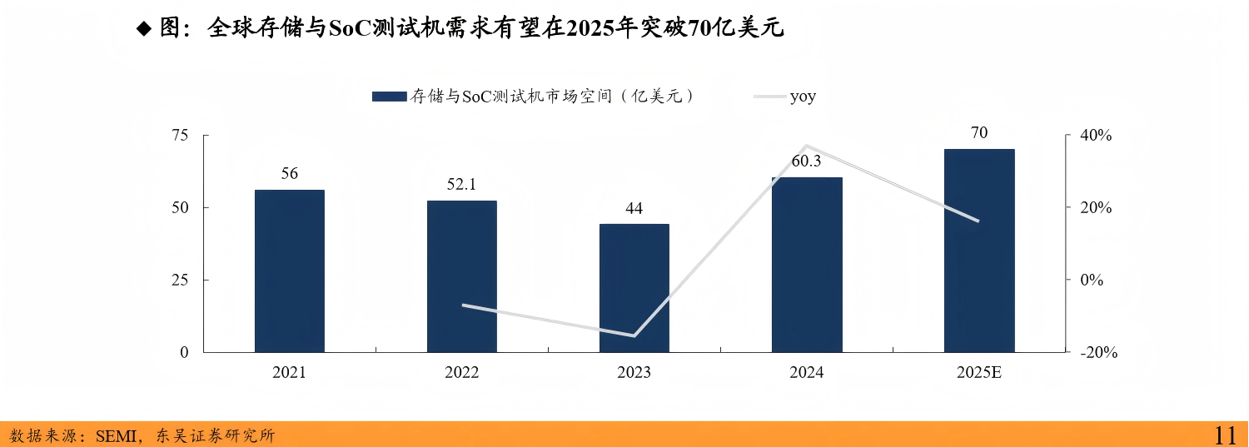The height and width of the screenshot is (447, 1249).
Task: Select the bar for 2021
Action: point(289,271)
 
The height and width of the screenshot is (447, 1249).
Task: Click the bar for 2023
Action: point(634,287)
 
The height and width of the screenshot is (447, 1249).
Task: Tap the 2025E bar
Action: point(979,250)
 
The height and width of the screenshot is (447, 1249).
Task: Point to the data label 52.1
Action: point(461,185)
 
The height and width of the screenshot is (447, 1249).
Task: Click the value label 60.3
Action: point(806,161)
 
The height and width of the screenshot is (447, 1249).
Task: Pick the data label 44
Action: point(634,208)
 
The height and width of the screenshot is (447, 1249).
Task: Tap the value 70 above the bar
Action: point(979,133)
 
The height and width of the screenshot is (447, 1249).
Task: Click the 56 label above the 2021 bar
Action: point(289,174)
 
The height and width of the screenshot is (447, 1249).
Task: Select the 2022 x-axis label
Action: point(461,373)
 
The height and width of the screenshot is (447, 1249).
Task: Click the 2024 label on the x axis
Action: point(806,373)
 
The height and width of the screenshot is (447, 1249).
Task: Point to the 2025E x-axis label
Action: point(979,373)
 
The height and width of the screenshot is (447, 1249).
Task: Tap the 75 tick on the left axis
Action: point(180,136)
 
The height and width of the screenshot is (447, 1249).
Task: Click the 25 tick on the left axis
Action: point(180,281)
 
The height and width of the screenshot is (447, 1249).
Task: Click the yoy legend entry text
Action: point(803,97)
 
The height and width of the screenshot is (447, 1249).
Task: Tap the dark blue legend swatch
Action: point(389,97)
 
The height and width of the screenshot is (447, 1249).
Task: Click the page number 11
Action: point(1225,435)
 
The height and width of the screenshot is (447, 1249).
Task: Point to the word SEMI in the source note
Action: point(117,435)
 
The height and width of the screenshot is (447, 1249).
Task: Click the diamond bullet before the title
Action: point(143,29)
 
